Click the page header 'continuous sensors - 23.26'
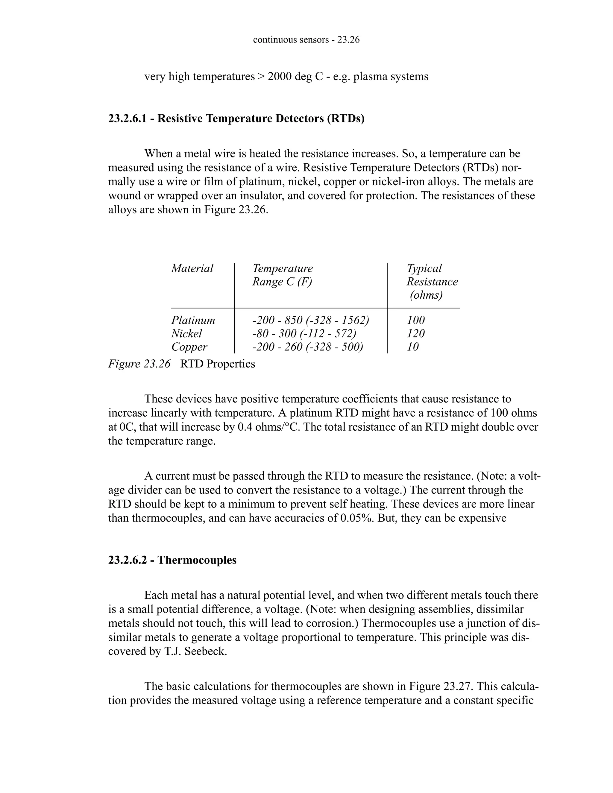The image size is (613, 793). (x=306, y=40)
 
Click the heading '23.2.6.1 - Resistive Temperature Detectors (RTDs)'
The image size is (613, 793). (x=236, y=119)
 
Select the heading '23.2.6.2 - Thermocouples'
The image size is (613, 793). (x=172, y=560)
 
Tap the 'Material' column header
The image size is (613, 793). (x=192, y=268)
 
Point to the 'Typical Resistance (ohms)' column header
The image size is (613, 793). (x=432, y=281)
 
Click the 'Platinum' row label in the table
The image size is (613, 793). (x=193, y=320)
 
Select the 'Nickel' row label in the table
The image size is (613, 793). (x=186, y=333)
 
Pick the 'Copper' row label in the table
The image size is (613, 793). (x=189, y=347)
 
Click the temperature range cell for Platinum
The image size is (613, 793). (x=310, y=320)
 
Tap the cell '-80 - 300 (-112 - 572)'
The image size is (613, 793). (x=304, y=333)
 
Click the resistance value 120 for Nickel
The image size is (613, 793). (x=415, y=333)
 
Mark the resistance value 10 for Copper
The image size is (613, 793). (x=412, y=347)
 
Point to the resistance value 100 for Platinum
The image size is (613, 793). (x=415, y=320)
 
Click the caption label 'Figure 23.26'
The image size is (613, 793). (x=139, y=364)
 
